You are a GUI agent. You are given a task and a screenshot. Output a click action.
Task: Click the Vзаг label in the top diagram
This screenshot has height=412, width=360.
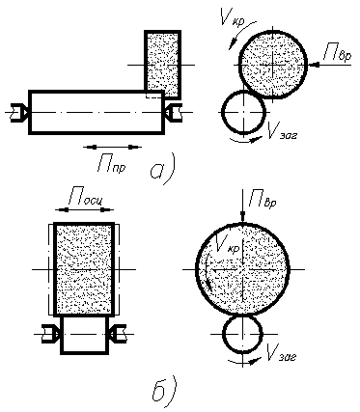pos(282,131)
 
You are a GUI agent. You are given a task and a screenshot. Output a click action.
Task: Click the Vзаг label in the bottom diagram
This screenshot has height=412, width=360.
pos(282,353)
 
